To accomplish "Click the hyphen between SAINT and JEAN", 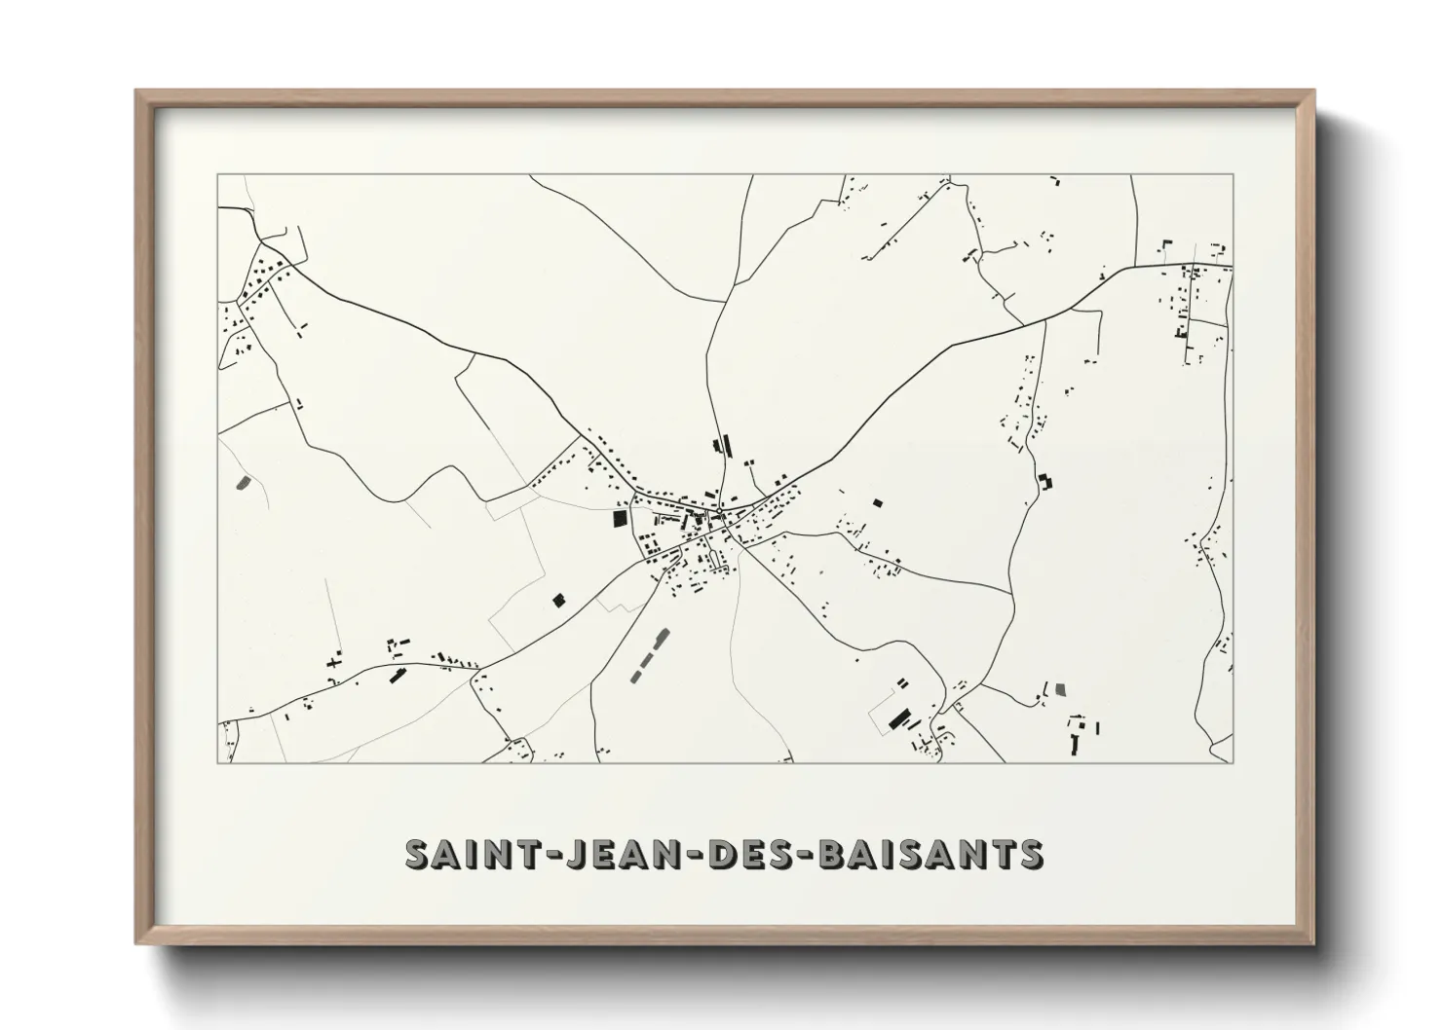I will pos(532,856).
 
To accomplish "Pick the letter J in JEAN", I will pos(560,854).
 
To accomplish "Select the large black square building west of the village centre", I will pos(618,518).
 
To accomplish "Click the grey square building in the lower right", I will pos(1060,688).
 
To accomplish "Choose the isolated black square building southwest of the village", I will pos(558,600).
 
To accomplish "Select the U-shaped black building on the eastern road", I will pos(1045,481).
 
